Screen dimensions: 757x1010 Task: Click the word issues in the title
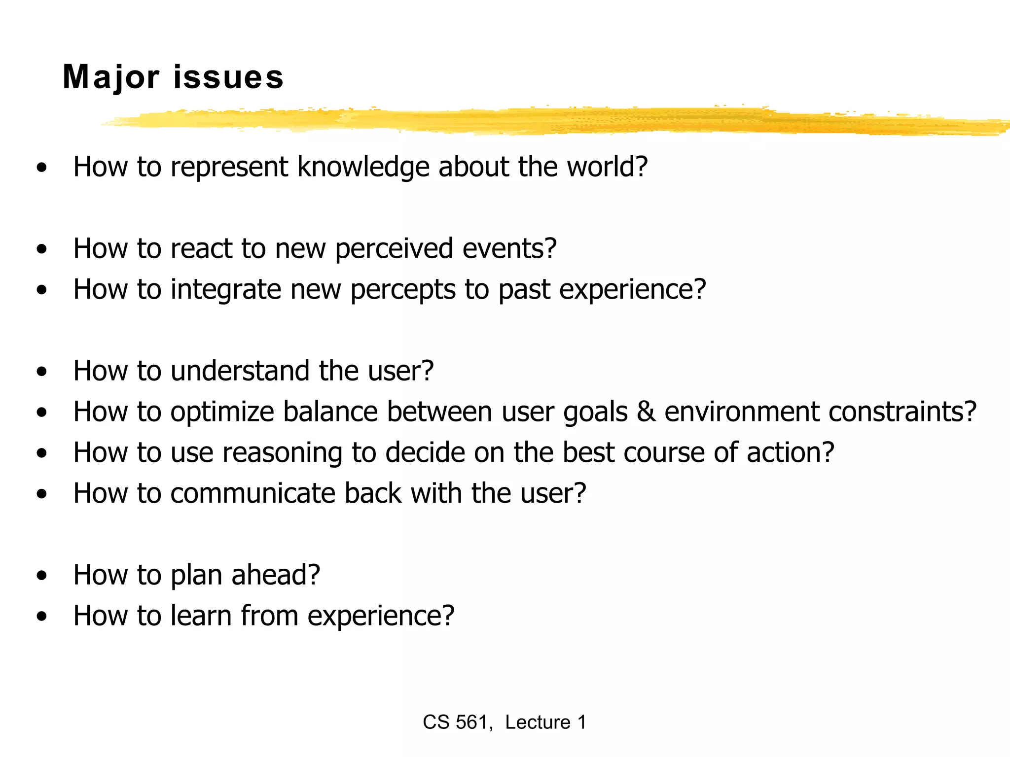[228, 77]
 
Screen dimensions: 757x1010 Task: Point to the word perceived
[394, 248]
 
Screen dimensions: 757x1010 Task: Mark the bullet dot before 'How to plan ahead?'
[42, 575]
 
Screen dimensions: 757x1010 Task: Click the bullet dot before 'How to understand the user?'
[42, 371]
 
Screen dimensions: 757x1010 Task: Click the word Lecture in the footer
[538, 723]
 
